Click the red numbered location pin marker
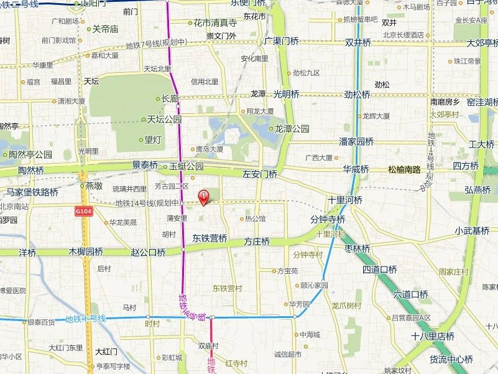pos(203,197)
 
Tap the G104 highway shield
pos(84,212)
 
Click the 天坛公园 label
pos(164,119)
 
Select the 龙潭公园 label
pos(292,129)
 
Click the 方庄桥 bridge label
pos(257,241)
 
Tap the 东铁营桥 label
pos(210,238)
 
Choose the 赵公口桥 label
pos(148,252)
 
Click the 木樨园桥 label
pos(86,252)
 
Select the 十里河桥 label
pos(346,200)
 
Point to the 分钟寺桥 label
pos(328,220)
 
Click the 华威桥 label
pos(356,169)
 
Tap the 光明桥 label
pos(282,94)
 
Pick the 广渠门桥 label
pos(282,41)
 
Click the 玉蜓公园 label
pos(187,166)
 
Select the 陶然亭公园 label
pos(30,154)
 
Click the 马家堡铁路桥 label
pos(32,192)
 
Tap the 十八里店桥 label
pos(433,336)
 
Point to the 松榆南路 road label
pos(404,169)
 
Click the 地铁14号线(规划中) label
pos(148,203)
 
